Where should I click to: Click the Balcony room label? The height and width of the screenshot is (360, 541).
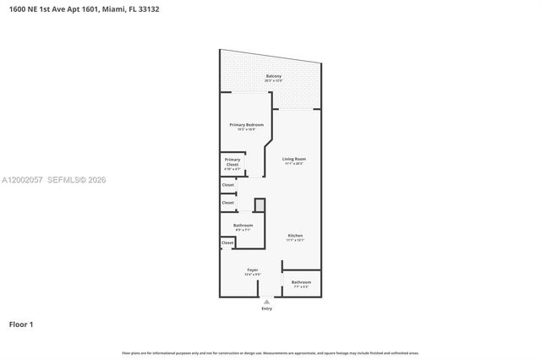(273, 76)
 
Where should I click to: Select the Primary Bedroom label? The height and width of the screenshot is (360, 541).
(246, 125)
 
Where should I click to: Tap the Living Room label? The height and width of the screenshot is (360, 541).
(293, 159)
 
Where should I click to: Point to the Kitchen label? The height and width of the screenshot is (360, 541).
(295, 235)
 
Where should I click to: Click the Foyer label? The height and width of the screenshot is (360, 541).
(252, 270)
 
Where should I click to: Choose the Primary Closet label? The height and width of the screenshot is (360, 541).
(232, 160)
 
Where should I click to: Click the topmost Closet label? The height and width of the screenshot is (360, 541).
(227, 184)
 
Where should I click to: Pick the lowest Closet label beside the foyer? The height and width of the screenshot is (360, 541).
(227, 243)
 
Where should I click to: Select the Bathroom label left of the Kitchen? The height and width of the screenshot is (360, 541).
(243, 225)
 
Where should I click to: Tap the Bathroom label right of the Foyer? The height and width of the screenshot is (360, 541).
(301, 282)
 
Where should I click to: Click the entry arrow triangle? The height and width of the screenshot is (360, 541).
(267, 301)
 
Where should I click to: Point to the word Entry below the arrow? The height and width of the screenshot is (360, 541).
(267, 308)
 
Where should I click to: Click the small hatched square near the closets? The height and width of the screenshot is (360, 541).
(260, 205)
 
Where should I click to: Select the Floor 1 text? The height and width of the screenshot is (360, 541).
(21, 324)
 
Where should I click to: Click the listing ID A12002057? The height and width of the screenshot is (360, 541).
(21, 180)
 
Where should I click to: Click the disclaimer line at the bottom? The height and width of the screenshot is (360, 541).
(270, 352)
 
